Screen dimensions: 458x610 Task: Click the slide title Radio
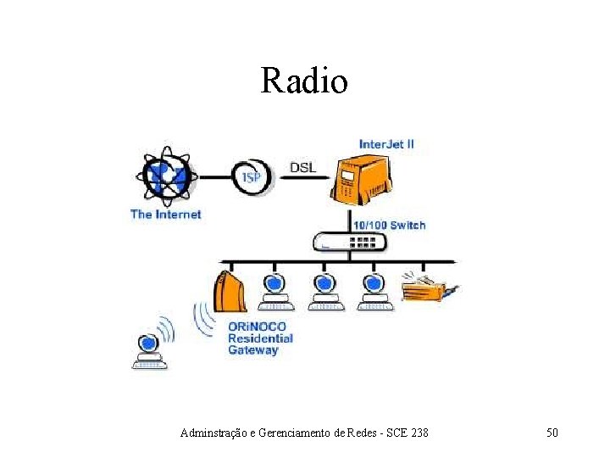point(304,81)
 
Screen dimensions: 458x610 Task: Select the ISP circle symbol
point(252,177)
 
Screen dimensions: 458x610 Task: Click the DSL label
point(302,167)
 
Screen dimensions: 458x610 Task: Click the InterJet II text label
point(386,143)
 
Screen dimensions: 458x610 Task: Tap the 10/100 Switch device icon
point(349,242)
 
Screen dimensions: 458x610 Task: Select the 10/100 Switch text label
point(390,225)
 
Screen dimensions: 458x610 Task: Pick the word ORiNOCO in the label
point(257,327)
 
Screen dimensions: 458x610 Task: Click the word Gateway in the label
point(252,350)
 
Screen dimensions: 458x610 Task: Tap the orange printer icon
point(428,288)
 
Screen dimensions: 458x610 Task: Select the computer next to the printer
point(373,291)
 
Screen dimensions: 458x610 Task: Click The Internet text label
point(166,214)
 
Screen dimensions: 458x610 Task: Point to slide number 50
point(552,433)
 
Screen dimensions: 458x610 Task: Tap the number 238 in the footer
point(419,433)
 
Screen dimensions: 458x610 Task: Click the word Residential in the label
point(260,338)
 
